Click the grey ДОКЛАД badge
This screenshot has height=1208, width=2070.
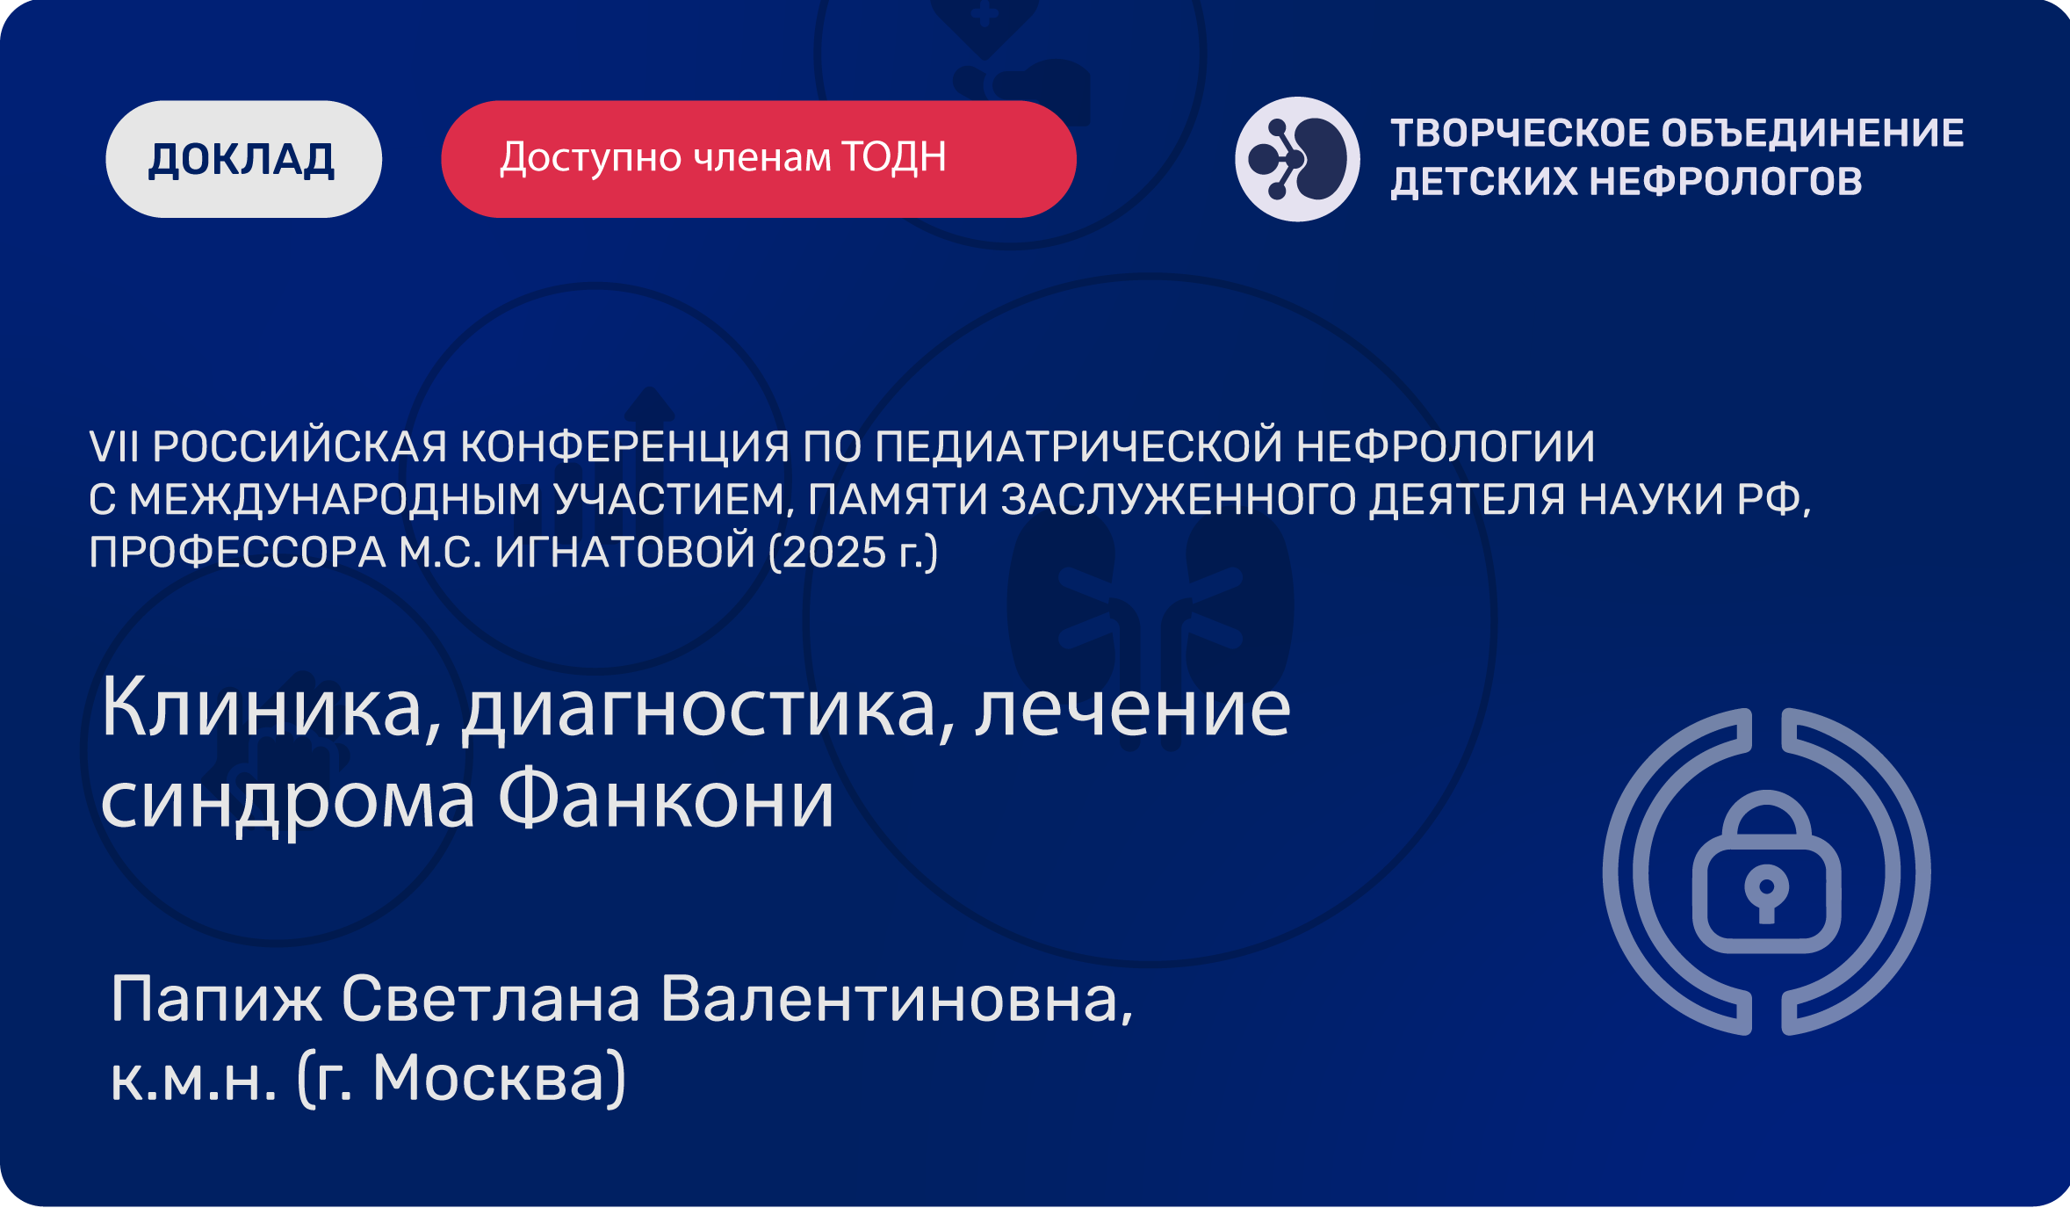point(243,159)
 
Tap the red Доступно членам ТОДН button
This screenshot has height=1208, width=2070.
point(759,159)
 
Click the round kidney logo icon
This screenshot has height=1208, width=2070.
point(1297,159)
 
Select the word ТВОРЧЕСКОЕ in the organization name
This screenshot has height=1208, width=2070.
point(1520,134)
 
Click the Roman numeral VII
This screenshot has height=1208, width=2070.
point(114,446)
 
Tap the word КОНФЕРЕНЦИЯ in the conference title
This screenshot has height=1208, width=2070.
point(624,446)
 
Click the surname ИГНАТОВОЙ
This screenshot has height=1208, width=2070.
point(624,552)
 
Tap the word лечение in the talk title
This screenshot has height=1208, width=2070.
point(1133,710)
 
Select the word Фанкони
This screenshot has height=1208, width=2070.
point(666,799)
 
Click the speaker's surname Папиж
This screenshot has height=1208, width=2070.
point(216,999)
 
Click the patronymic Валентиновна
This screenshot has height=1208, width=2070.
point(897,1000)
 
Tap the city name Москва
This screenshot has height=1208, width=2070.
point(488,1078)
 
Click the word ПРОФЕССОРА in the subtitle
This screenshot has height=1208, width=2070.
point(238,552)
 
